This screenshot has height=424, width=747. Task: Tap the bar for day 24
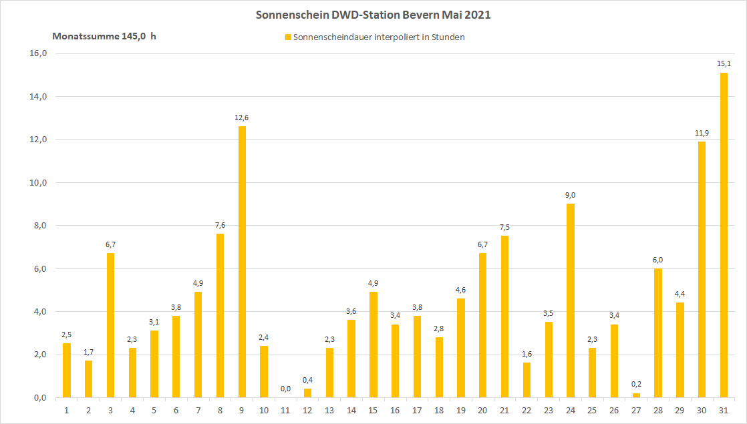571,300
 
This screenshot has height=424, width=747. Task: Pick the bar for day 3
110,325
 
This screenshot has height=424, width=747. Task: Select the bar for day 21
504,316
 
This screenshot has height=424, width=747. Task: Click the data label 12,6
242,118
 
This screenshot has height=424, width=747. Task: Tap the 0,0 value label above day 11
285,389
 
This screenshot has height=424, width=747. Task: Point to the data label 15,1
724,64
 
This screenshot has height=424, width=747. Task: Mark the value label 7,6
220,225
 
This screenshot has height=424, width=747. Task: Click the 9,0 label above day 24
571,195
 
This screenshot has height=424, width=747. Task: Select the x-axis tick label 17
417,409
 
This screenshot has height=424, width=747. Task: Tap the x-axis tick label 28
658,409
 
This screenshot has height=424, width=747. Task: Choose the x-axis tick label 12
307,409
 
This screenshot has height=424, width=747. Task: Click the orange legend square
288,37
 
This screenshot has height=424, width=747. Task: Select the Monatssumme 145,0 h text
104,37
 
